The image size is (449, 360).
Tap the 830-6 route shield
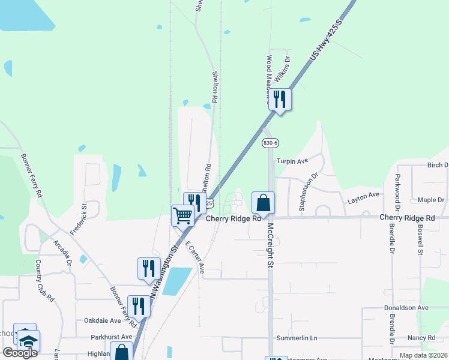point(271,143)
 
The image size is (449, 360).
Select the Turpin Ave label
point(292,161)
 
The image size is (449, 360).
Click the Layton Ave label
point(364,195)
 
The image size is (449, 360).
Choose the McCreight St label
point(271,245)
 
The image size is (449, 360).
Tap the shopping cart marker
point(182,215)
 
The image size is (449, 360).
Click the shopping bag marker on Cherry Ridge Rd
point(263,203)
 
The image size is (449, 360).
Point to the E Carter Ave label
point(194,259)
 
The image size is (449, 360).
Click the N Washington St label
point(165,270)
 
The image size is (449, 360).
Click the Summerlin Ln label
point(297,338)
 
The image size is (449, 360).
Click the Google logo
point(20,353)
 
